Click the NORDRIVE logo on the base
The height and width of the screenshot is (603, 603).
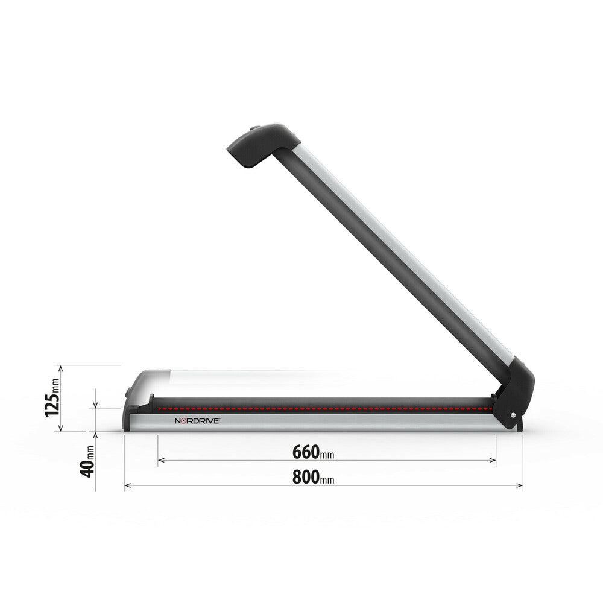(197, 421)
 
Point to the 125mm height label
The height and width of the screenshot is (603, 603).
(52, 398)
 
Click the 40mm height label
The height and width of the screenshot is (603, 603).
(88, 461)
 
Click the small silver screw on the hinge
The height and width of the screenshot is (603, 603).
(513, 414)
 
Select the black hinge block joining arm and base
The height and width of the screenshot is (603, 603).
(514, 392)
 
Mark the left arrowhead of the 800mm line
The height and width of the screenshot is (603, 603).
(127, 485)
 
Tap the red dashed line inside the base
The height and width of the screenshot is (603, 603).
(320, 408)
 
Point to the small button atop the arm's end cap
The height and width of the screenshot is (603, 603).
(255, 128)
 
